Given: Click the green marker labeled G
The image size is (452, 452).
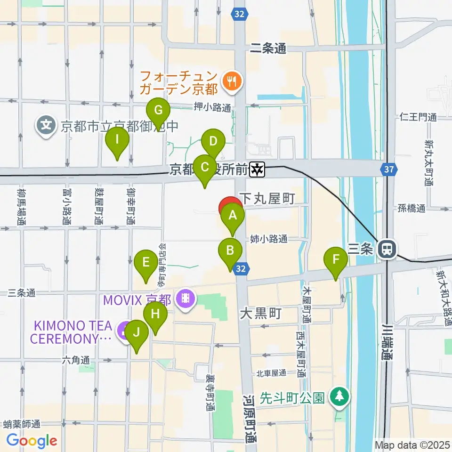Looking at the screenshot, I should point(159,112).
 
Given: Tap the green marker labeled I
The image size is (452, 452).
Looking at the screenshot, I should point(117,140).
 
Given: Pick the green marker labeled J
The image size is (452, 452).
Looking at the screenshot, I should point(137,333).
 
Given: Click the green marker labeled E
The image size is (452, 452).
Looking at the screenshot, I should point(146,262).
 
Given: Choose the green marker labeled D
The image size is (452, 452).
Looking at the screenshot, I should point(213,141).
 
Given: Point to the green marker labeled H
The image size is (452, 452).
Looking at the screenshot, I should point(155,314).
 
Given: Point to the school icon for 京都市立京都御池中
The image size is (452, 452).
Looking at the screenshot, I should point(46,126).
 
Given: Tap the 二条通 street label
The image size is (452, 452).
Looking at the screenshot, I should point(268,48).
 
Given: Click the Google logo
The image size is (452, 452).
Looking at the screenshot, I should point(32,440).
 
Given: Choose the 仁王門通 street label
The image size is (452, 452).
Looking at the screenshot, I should point(418,116).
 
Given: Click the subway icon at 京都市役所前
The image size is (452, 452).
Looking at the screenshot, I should point(258,170).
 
